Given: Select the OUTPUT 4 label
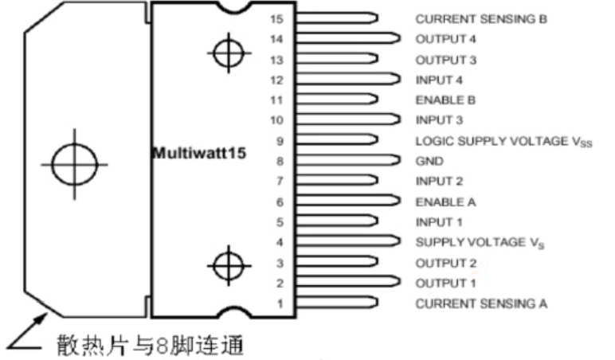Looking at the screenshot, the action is coord(441,38).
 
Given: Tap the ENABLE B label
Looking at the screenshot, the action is coord(441,100).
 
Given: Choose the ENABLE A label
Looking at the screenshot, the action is coord(441,202).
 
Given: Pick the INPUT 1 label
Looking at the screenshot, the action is coord(437,222).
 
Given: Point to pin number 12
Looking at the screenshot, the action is coord(277,80).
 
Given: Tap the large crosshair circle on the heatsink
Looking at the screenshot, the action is coord(74,165).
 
